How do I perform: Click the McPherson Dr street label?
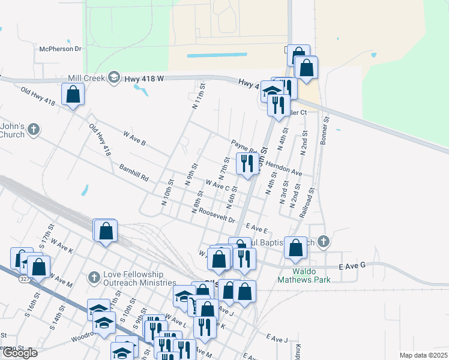point(60,49)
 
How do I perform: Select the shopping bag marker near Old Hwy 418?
point(73,95)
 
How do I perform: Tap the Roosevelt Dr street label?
point(217,217)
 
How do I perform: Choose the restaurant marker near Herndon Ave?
point(247,163)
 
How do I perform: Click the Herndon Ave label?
point(283,169)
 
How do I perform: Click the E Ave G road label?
point(352,266)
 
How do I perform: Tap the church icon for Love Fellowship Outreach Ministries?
point(93,277)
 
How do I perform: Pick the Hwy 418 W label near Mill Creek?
point(145,79)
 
